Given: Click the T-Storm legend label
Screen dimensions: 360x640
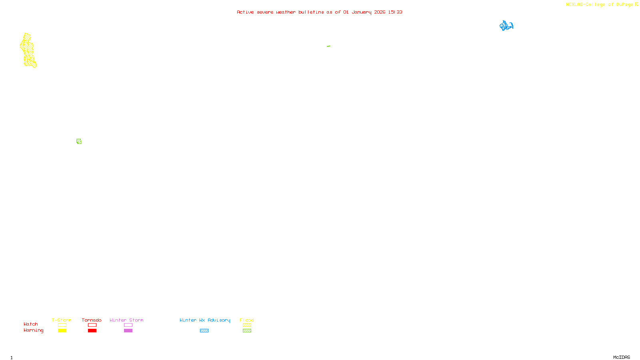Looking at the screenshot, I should (62, 320).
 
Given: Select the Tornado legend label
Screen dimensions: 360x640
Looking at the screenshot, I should (92, 320).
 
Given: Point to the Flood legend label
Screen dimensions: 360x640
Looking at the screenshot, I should (247, 320).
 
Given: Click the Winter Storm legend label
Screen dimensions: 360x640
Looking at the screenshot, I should (126, 320).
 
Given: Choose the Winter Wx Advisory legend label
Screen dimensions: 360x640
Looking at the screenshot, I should (205, 320).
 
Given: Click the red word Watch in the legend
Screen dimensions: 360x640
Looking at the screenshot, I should (31, 324).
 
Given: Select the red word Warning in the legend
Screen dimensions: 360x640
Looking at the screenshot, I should (34, 330).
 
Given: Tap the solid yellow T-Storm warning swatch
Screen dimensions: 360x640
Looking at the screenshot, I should (62, 331).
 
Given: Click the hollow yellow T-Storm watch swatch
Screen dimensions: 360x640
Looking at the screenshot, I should (62, 325).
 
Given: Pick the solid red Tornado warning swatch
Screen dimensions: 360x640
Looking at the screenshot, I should (92, 331).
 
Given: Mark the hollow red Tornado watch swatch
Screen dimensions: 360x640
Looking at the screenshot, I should (92, 325).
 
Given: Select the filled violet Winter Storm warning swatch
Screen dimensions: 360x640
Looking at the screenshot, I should (128, 331).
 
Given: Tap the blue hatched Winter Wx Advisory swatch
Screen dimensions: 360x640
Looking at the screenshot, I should (204, 331).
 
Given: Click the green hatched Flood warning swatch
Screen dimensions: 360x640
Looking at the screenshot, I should (247, 331).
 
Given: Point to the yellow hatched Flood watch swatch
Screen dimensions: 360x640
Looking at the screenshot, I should (247, 325).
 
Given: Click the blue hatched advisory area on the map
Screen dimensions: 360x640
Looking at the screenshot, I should (506, 26).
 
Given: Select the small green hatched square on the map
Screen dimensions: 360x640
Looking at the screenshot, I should (79, 141).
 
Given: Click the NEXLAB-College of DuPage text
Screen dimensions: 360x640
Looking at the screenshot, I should (600, 5).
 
